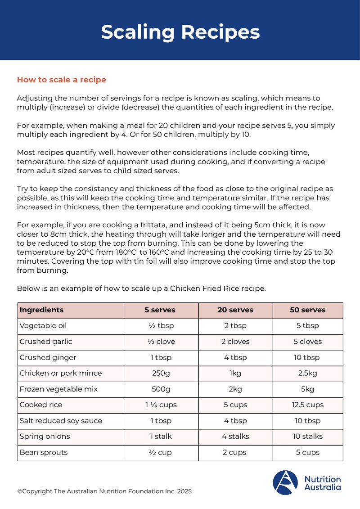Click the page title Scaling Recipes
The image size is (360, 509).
point(180,32)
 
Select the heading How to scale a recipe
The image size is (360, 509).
point(61,80)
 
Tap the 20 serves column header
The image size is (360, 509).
point(235,310)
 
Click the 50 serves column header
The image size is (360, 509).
point(308,310)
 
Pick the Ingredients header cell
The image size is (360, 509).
point(41,310)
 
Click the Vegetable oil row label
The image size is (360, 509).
point(43,326)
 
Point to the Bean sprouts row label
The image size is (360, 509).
point(43,452)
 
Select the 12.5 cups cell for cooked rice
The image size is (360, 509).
point(308,405)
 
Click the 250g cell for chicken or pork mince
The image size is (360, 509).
point(161,373)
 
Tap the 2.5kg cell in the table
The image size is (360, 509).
point(308,373)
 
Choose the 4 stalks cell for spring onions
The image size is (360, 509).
point(235,436)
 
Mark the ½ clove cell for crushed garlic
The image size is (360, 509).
point(161,342)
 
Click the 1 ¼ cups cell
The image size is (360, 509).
point(161,405)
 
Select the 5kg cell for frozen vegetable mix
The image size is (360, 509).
point(308,389)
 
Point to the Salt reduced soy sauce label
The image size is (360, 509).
point(61,421)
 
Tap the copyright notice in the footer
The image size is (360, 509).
point(105,491)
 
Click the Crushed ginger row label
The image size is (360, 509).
point(48,357)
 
